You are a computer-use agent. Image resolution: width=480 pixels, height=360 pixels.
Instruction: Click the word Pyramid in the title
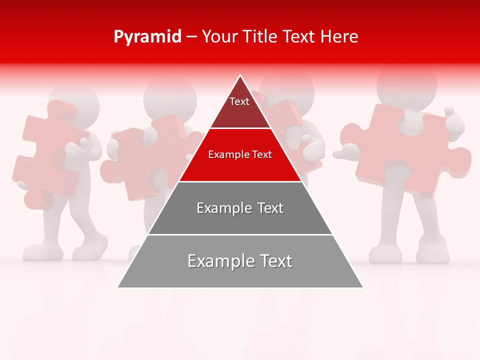[x=147, y=37]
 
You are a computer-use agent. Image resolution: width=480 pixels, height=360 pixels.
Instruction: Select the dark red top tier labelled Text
[x=239, y=107]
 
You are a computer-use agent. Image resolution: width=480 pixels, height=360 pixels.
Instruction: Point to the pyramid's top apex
[x=240, y=76]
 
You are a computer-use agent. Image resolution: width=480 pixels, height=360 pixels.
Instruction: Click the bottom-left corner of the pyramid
[x=118, y=287]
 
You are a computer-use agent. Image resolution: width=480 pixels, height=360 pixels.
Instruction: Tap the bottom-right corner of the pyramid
[x=362, y=287]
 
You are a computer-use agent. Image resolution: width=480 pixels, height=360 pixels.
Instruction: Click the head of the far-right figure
[x=406, y=82]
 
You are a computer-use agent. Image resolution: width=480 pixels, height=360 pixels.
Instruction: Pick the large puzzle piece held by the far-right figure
[x=410, y=150]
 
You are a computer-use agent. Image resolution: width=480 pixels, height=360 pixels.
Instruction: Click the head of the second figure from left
[x=170, y=95]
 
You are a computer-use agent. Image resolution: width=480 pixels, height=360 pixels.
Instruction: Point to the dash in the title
[x=191, y=37]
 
